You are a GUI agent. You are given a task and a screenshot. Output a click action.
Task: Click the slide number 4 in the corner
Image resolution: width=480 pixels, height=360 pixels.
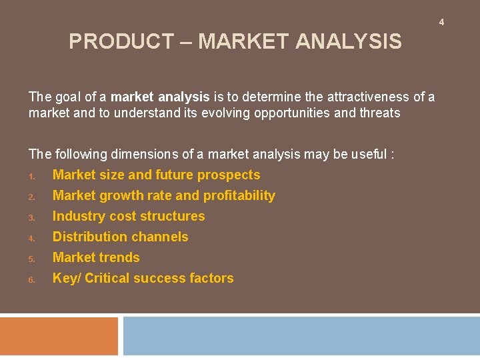click(x=441, y=23)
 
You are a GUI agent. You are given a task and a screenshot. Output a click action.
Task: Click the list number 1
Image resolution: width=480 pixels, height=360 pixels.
click(x=31, y=176)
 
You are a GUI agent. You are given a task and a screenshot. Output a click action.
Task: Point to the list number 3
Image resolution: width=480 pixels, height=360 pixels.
click(x=31, y=217)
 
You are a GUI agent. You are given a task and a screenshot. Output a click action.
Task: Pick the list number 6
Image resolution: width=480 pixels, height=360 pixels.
click(x=31, y=279)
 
